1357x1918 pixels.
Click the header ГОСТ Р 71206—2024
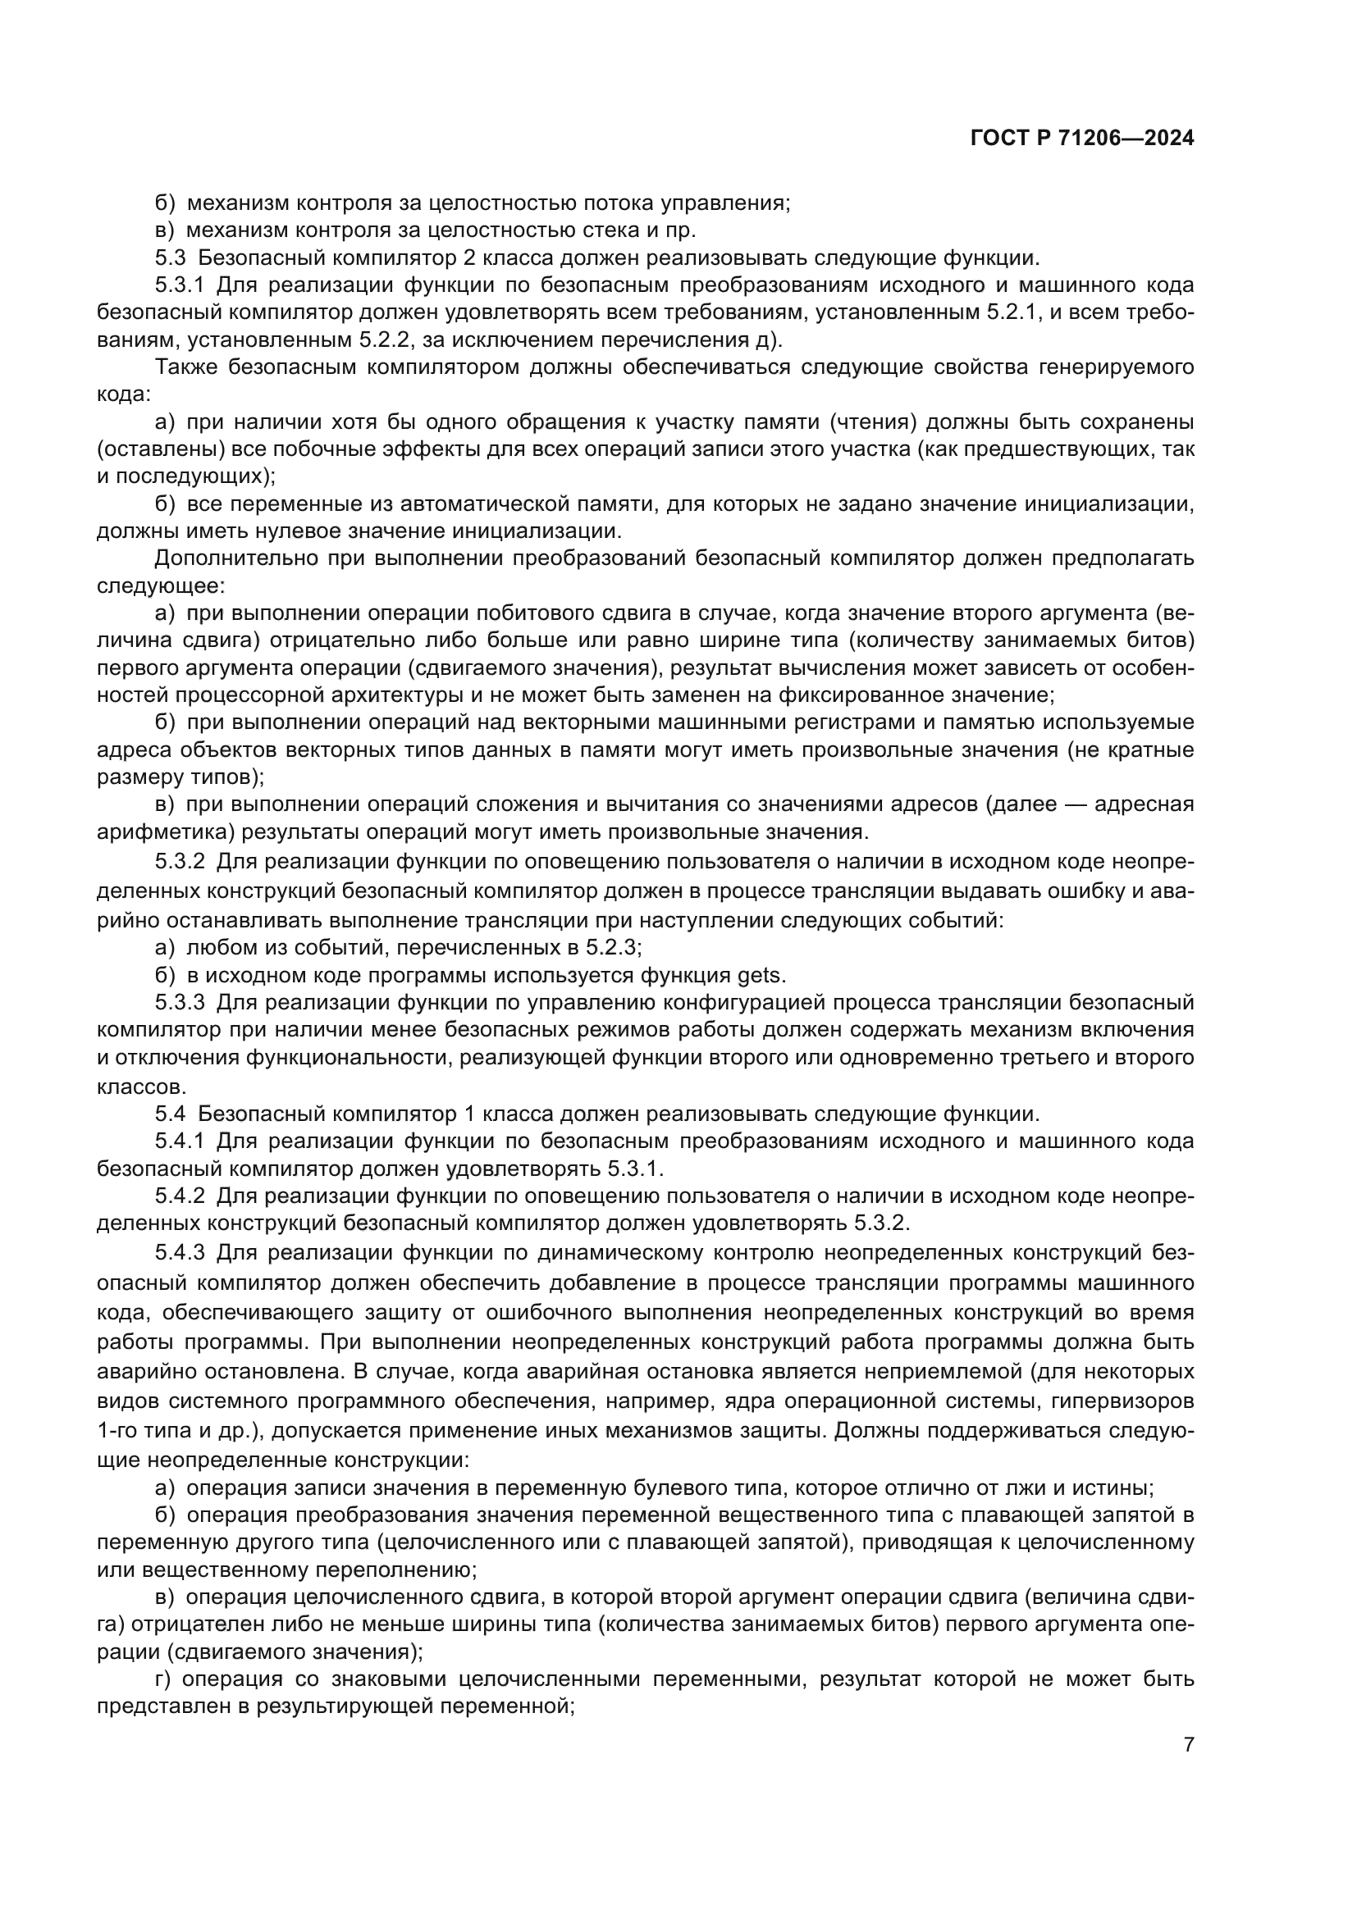point(1081,138)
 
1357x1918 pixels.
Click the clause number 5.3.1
point(180,285)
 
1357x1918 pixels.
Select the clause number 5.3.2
point(180,861)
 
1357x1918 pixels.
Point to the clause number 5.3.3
point(180,1001)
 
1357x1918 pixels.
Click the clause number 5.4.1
point(180,1141)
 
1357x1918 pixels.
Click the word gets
point(759,975)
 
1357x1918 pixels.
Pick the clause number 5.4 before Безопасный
point(170,1114)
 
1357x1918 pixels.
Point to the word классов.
point(139,1087)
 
